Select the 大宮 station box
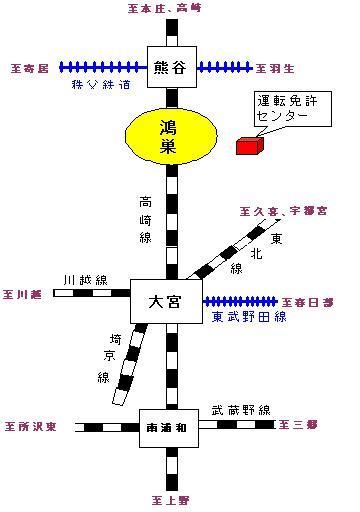pos(169,297)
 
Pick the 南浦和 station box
pos(169,425)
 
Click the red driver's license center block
pos(248,145)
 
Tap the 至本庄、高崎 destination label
pos(172,9)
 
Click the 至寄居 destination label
pos(32,68)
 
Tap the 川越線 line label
pos(83,280)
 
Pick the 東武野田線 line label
pos(249,317)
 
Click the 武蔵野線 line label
pos(241,409)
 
